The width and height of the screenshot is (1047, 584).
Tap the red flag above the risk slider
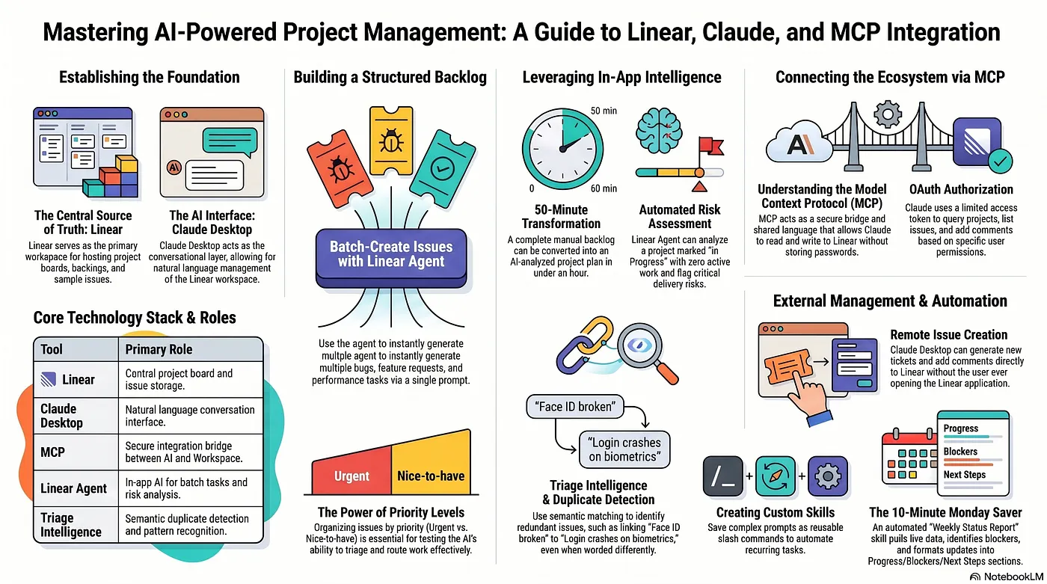coord(710,147)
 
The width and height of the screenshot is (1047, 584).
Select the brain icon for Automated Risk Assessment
coord(659,131)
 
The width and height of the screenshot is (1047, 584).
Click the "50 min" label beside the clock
coord(604,111)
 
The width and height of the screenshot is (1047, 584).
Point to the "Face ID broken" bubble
coord(574,407)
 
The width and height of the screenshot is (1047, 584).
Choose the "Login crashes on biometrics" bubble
coord(624,449)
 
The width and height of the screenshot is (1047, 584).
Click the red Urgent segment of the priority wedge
coord(351,471)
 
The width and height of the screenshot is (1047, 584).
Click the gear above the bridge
coord(888,114)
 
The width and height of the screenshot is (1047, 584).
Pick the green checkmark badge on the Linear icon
coord(1001,162)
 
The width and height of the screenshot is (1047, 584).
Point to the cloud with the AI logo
coord(799,142)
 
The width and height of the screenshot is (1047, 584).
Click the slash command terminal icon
coord(722,476)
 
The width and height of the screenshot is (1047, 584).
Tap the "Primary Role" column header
coord(159,349)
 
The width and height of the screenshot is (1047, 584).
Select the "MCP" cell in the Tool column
coord(52,452)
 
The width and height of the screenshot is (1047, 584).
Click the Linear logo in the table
coord(48,379)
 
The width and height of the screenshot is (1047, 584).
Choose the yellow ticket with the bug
coord(391,140)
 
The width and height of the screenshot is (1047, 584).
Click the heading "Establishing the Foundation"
coord(149,77)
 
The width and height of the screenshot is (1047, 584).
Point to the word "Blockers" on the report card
coord(960,452)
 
